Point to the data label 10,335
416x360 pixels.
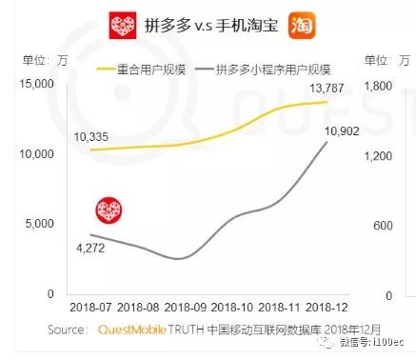pyautogui.click(x=92, y=137)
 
